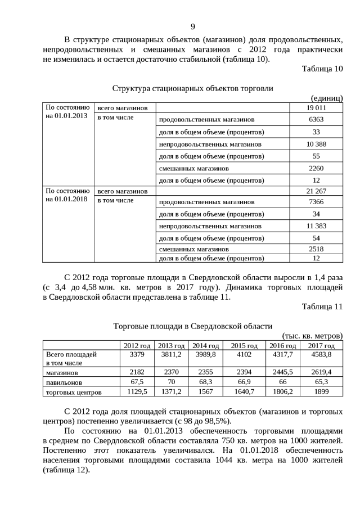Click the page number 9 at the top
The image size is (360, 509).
click(192, 26)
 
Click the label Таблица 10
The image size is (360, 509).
click(322, 69)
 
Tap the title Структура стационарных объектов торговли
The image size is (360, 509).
click(192, 88)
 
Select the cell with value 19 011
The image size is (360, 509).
click(316, 107)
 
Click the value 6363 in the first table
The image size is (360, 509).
click(316, 120)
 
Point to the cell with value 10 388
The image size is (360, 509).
click(316, 144)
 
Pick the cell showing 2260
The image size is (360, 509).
click(316, 168)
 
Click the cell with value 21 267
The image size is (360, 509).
click(316, 191)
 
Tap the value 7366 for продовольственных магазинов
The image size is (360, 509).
click(316, 202)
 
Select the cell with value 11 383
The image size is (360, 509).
click(316, 226)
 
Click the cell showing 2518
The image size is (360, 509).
click(316, 249)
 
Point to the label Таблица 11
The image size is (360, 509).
click(322, 307)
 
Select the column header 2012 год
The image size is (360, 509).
click(137, 345)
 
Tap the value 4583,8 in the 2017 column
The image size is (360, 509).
click(321, 355)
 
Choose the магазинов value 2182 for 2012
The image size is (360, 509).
click(137, 372)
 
